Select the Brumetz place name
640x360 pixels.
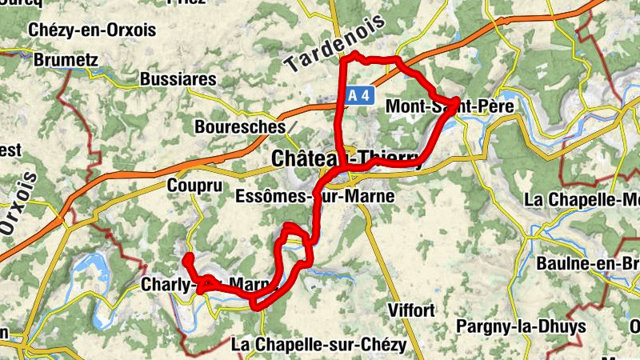[x=66, y=59]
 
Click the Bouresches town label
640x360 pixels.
[x=240, y=126]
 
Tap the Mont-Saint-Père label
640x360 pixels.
[x=449, y=106]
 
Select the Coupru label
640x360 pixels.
[x=193, y=185]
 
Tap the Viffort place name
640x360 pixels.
[x=410, y=310]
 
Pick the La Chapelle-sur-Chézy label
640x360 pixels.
[x=318, y=345]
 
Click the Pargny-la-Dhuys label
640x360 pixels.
[x=521, y=326]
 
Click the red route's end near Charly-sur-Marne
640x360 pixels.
[x=189, y=258]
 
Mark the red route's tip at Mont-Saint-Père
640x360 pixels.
[x=455, y=101]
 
